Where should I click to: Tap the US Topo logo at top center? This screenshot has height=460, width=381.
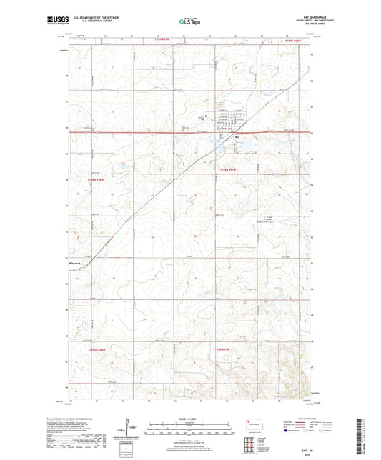pos(188,22)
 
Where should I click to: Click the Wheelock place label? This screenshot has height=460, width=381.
pos(76,266)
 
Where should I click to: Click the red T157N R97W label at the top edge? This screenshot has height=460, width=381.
pos(169,41)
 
